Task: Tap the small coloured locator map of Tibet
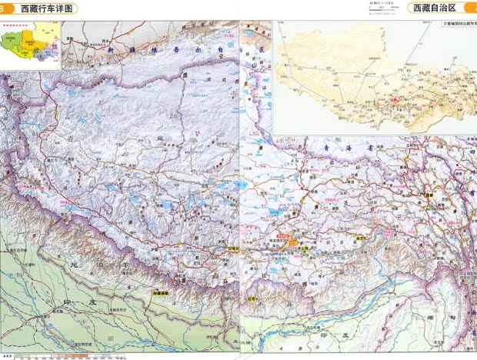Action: [x=29, y=45]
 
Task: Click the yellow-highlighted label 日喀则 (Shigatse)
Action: [x=235, y=248]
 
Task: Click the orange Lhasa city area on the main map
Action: [x=294, y=238]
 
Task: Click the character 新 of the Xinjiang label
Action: [x=110, y=48]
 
